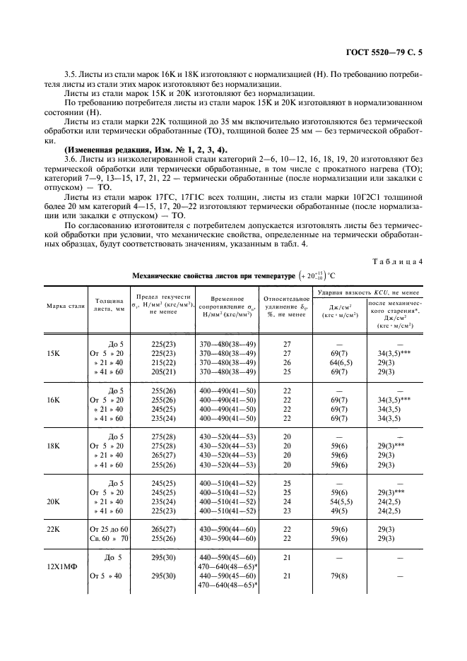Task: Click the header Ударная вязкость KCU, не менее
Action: [369, 291]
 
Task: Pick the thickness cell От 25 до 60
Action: [110, 529]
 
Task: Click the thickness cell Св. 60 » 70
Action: [110, 538]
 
